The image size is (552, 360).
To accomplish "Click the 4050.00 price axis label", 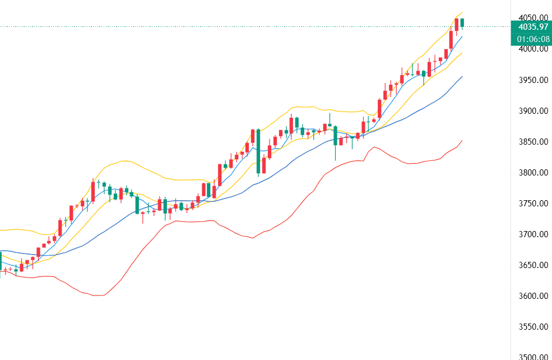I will [x=532, y=18].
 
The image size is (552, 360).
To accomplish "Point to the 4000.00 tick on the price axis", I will [x=532, y=49].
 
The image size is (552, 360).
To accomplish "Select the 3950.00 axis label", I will [x=532, y=80].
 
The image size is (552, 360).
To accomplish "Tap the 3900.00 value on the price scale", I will [x=532, y=111].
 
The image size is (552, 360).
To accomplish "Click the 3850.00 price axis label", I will [x=532, y=142].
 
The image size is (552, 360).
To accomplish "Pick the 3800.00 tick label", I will [x=532, y=173].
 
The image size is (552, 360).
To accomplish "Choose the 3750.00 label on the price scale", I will [x=532, y=204].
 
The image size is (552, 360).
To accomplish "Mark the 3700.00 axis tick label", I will [x=532, y=234].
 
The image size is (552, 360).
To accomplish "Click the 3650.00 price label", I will [x=532, y=265].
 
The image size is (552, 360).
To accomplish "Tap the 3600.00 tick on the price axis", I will [x=532, y=296].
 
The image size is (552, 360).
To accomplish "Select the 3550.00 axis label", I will [x=532, y=327].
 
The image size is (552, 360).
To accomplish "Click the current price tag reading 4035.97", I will [x=532, y=26].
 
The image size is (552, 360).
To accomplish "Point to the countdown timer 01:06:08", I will [x=532, y=39].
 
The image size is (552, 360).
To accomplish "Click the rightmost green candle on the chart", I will [x=463, y=22].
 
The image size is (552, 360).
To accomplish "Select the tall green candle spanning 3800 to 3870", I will [x=258, y=151].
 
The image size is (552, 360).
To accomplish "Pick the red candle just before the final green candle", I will [x=457, y=24].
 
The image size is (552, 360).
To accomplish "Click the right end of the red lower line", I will [x=462, y=141].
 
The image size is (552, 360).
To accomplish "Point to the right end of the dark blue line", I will [x=462, y=76].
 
